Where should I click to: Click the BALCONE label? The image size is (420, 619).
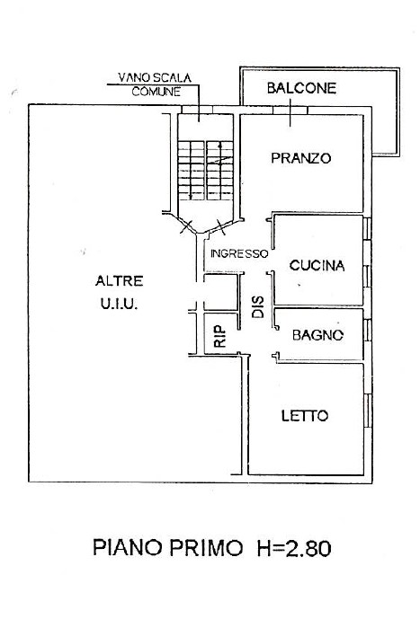point(301,88)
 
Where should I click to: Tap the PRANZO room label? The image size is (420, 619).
point(301,158)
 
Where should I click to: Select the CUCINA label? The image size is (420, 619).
point(317,265)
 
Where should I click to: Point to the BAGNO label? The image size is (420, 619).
point(317,335)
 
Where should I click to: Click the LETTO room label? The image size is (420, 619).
point(305,416)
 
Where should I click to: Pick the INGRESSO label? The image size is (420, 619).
point(239,253)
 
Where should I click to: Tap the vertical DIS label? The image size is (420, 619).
point(258,307)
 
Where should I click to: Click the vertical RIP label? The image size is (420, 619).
point(219,336)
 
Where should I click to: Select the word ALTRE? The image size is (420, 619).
point(120,281)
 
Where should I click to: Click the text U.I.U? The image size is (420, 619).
point(119,304)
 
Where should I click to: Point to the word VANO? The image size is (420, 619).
point(132,77)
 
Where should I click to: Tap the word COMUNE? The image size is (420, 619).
point(156,92)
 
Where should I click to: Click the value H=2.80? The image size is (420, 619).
point(294,548)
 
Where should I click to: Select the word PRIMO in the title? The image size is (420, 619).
point(206,548)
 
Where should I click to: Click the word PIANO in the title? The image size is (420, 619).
point(128,548)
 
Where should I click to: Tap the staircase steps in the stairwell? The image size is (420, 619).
point(205,170)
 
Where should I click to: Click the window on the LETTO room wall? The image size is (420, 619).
point(368,411)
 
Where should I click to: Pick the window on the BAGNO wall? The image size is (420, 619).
point(368,330)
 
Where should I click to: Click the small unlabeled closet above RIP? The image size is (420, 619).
point(221,292)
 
